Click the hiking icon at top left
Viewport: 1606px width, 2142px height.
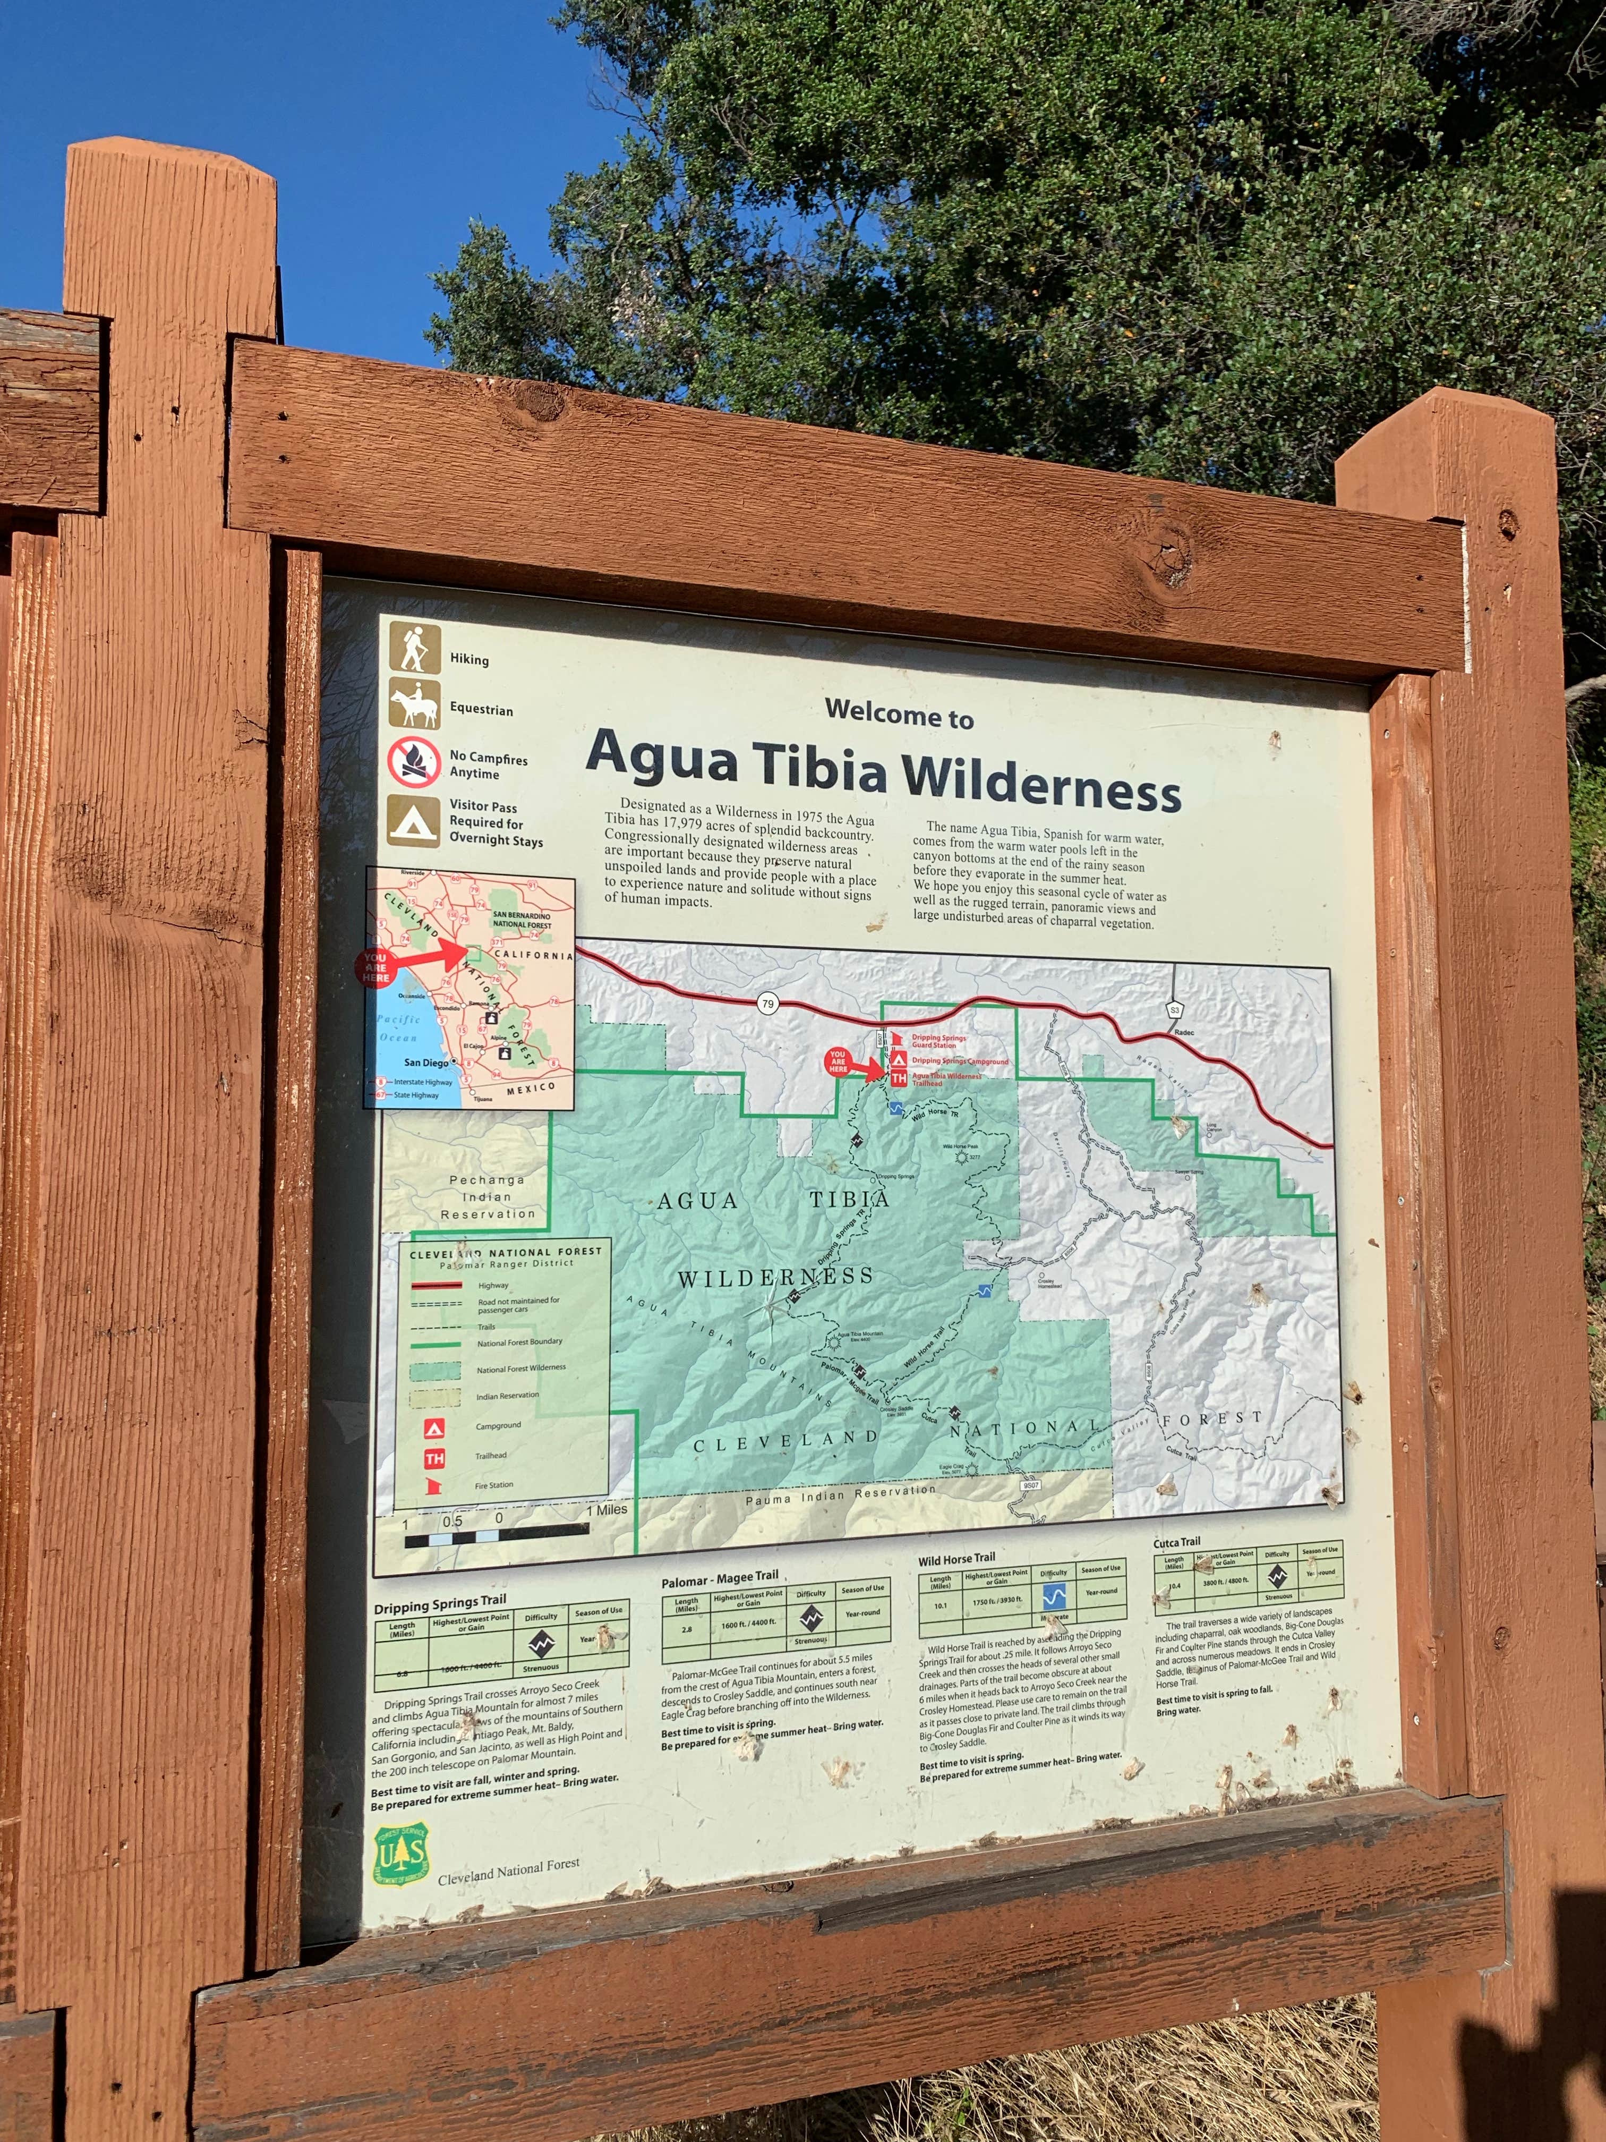pos(414,648)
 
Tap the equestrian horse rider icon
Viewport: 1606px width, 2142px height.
pos(414,703)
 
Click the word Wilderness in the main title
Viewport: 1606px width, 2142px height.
pos(1041,780)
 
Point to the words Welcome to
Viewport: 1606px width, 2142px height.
pos(899,713)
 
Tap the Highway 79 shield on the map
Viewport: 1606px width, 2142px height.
pos(767,1003)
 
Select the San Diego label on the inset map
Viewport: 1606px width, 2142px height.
pos(426,1062)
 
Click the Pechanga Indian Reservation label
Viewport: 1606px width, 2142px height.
pos(487,1197)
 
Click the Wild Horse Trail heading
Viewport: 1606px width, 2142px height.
pos(956,1558)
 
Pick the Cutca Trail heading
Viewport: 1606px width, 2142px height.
pos(1176,1542)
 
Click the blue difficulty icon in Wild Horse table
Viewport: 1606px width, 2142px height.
pos(1054,1596)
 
